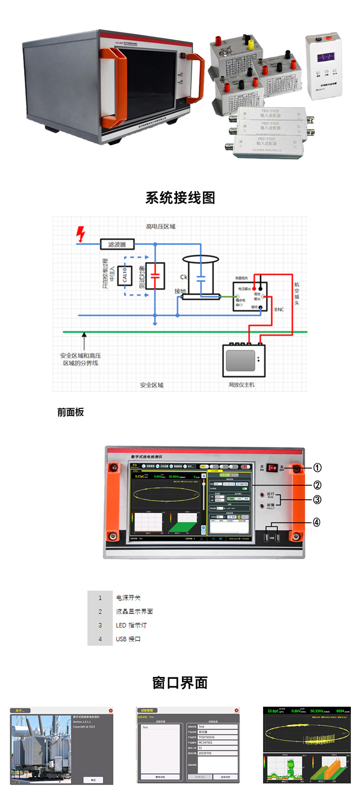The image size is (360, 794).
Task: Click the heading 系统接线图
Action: point(180,198)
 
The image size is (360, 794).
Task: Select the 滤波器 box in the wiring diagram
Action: point(117,244)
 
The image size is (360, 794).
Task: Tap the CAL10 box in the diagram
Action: point(125,275)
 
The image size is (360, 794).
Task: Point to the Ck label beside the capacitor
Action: point(183,277)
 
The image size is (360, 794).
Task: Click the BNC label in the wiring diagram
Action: point(279,309)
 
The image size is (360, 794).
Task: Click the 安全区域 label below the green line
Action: point(152,385)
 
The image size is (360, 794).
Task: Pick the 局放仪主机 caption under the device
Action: point(241,384)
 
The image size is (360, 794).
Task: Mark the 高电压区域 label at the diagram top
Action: point(161,226)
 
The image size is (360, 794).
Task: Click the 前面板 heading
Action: point(71,412)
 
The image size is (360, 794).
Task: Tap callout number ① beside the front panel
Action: point(317,468)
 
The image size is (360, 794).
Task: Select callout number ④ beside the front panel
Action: point(317,522)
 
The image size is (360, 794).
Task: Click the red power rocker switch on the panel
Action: point(272,468)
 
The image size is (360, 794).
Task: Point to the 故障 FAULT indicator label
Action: point(271,506)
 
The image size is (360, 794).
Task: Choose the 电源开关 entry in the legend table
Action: point(128,598)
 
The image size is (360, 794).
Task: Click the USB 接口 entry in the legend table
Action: point(128,639)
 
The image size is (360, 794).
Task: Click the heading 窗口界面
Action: point(180,683)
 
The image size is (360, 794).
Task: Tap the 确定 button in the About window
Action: point(93,780)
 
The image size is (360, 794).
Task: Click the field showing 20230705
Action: point(218,753)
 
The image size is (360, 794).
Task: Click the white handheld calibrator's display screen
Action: point(326,58)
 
